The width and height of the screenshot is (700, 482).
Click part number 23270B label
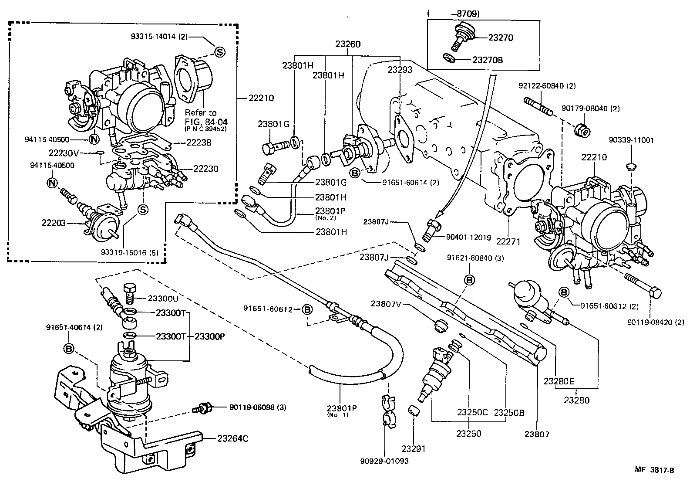(x=488, y=60)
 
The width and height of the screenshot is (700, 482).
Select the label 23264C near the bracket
(x=232, y=438)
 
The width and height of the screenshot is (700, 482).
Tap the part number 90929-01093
(x=384, y=461)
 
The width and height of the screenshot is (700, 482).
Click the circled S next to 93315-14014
(x=219, y=52)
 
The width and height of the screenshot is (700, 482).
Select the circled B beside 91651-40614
(x=69, y=348)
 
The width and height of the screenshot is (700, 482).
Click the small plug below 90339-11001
(x=630, y=166)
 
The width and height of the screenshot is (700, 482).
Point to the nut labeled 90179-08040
(x=582, y=129)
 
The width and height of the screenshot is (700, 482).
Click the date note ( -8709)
(x=454, y=14)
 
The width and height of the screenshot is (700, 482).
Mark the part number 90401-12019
(x=468, y=238)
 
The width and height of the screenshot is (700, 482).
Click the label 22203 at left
(x=54, y=223)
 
